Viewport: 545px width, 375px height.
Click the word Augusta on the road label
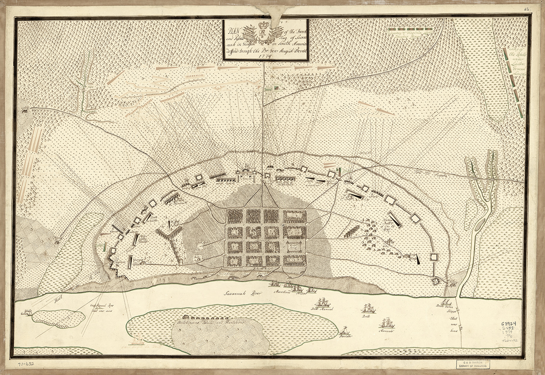435,176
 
